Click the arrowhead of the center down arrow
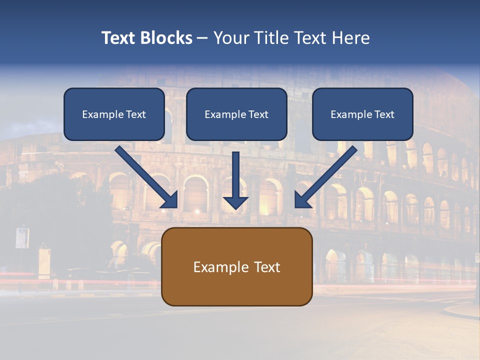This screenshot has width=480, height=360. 235,202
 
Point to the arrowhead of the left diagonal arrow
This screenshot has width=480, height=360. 170,200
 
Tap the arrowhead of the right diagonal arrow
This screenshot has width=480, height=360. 303,200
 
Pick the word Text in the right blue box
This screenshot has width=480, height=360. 384,114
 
